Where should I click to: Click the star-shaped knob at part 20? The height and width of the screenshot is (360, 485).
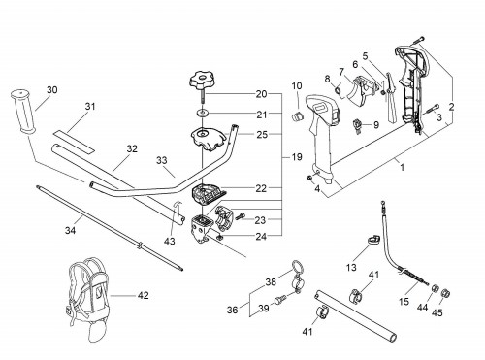[x=201, y=81]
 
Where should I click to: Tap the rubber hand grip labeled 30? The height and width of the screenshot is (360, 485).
[x=22, y=112]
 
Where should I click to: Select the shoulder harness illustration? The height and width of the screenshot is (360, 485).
[x=89, y=298]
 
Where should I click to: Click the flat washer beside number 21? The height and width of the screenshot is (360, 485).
[x=202, y=114]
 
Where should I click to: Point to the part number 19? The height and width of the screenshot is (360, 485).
[x=297, y=157]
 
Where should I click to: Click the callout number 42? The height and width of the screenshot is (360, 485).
[x=144, y=295]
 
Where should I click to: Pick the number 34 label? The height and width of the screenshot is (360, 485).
[x=70, y=230]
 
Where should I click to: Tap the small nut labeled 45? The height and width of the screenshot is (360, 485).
[x=446, y=293]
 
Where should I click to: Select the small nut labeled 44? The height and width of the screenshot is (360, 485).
[x=436, y=288]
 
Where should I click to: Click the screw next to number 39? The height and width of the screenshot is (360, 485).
[x=278, y=301]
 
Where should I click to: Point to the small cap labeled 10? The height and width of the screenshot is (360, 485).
[x=298, y=115]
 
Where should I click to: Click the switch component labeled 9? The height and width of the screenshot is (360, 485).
[x=357, y=125]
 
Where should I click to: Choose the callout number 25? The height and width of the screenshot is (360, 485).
[x=262, y=135]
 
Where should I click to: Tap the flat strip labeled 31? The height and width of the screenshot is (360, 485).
[x=74, y=142]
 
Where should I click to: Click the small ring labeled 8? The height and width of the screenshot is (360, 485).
[x=338, y=88]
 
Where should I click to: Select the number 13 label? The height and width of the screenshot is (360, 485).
[x=351, y=268]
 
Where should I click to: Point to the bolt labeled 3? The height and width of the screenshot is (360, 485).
[x=433, y=108]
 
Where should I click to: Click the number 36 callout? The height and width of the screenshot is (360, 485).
[x=232, y=310]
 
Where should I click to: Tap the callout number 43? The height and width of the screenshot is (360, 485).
[x=169, y=241]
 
